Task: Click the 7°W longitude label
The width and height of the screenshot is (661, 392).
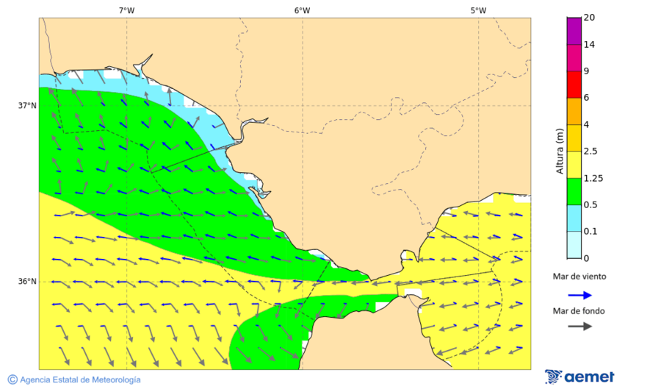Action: click(126, 10)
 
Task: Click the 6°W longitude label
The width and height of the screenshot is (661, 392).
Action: click(302, 10)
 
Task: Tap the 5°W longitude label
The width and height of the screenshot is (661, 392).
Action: click(478, 10)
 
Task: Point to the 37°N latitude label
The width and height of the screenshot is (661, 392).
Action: click(27, 105)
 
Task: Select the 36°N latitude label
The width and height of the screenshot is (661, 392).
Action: click(27, 282)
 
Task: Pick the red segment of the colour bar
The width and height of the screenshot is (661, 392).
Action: click(574, 84)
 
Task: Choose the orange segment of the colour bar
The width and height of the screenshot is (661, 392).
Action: click(574, 111)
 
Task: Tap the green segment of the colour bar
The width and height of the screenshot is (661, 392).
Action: click(574, 191)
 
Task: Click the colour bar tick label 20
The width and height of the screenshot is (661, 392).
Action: click(589, 18)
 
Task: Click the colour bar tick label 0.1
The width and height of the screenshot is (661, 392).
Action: click(590, 232)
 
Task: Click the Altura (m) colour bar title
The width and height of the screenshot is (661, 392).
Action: click(560, 150)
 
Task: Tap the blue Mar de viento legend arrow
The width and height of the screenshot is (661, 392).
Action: click(579, 295)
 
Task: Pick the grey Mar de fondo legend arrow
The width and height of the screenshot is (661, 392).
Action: click(579, 326)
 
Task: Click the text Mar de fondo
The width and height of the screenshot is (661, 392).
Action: click(579, 310)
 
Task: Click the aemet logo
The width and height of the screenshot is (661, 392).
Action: click(579, 377)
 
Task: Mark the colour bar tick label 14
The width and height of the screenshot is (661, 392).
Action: click(589, 44)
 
